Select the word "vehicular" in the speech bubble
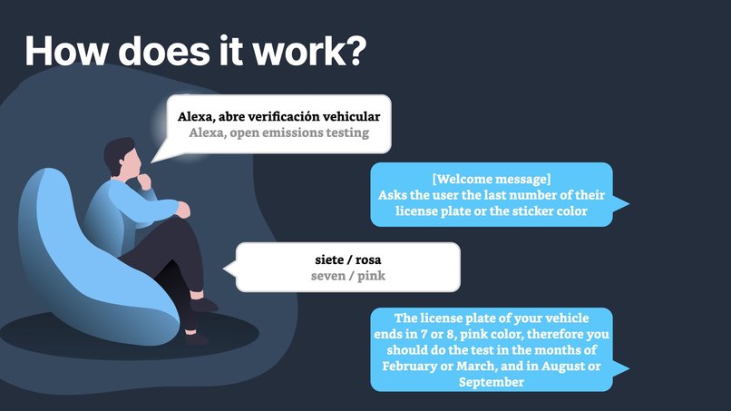pyautogui.click(x=350, y=117)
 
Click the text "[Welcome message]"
pyautogui.click(x=492, y=178)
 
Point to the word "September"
pyautogui.click(x=491, y=382)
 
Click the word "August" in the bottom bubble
pyautogui.click(x=564, y=366)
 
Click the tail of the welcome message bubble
pyautogui.click(x=621, y=204)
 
